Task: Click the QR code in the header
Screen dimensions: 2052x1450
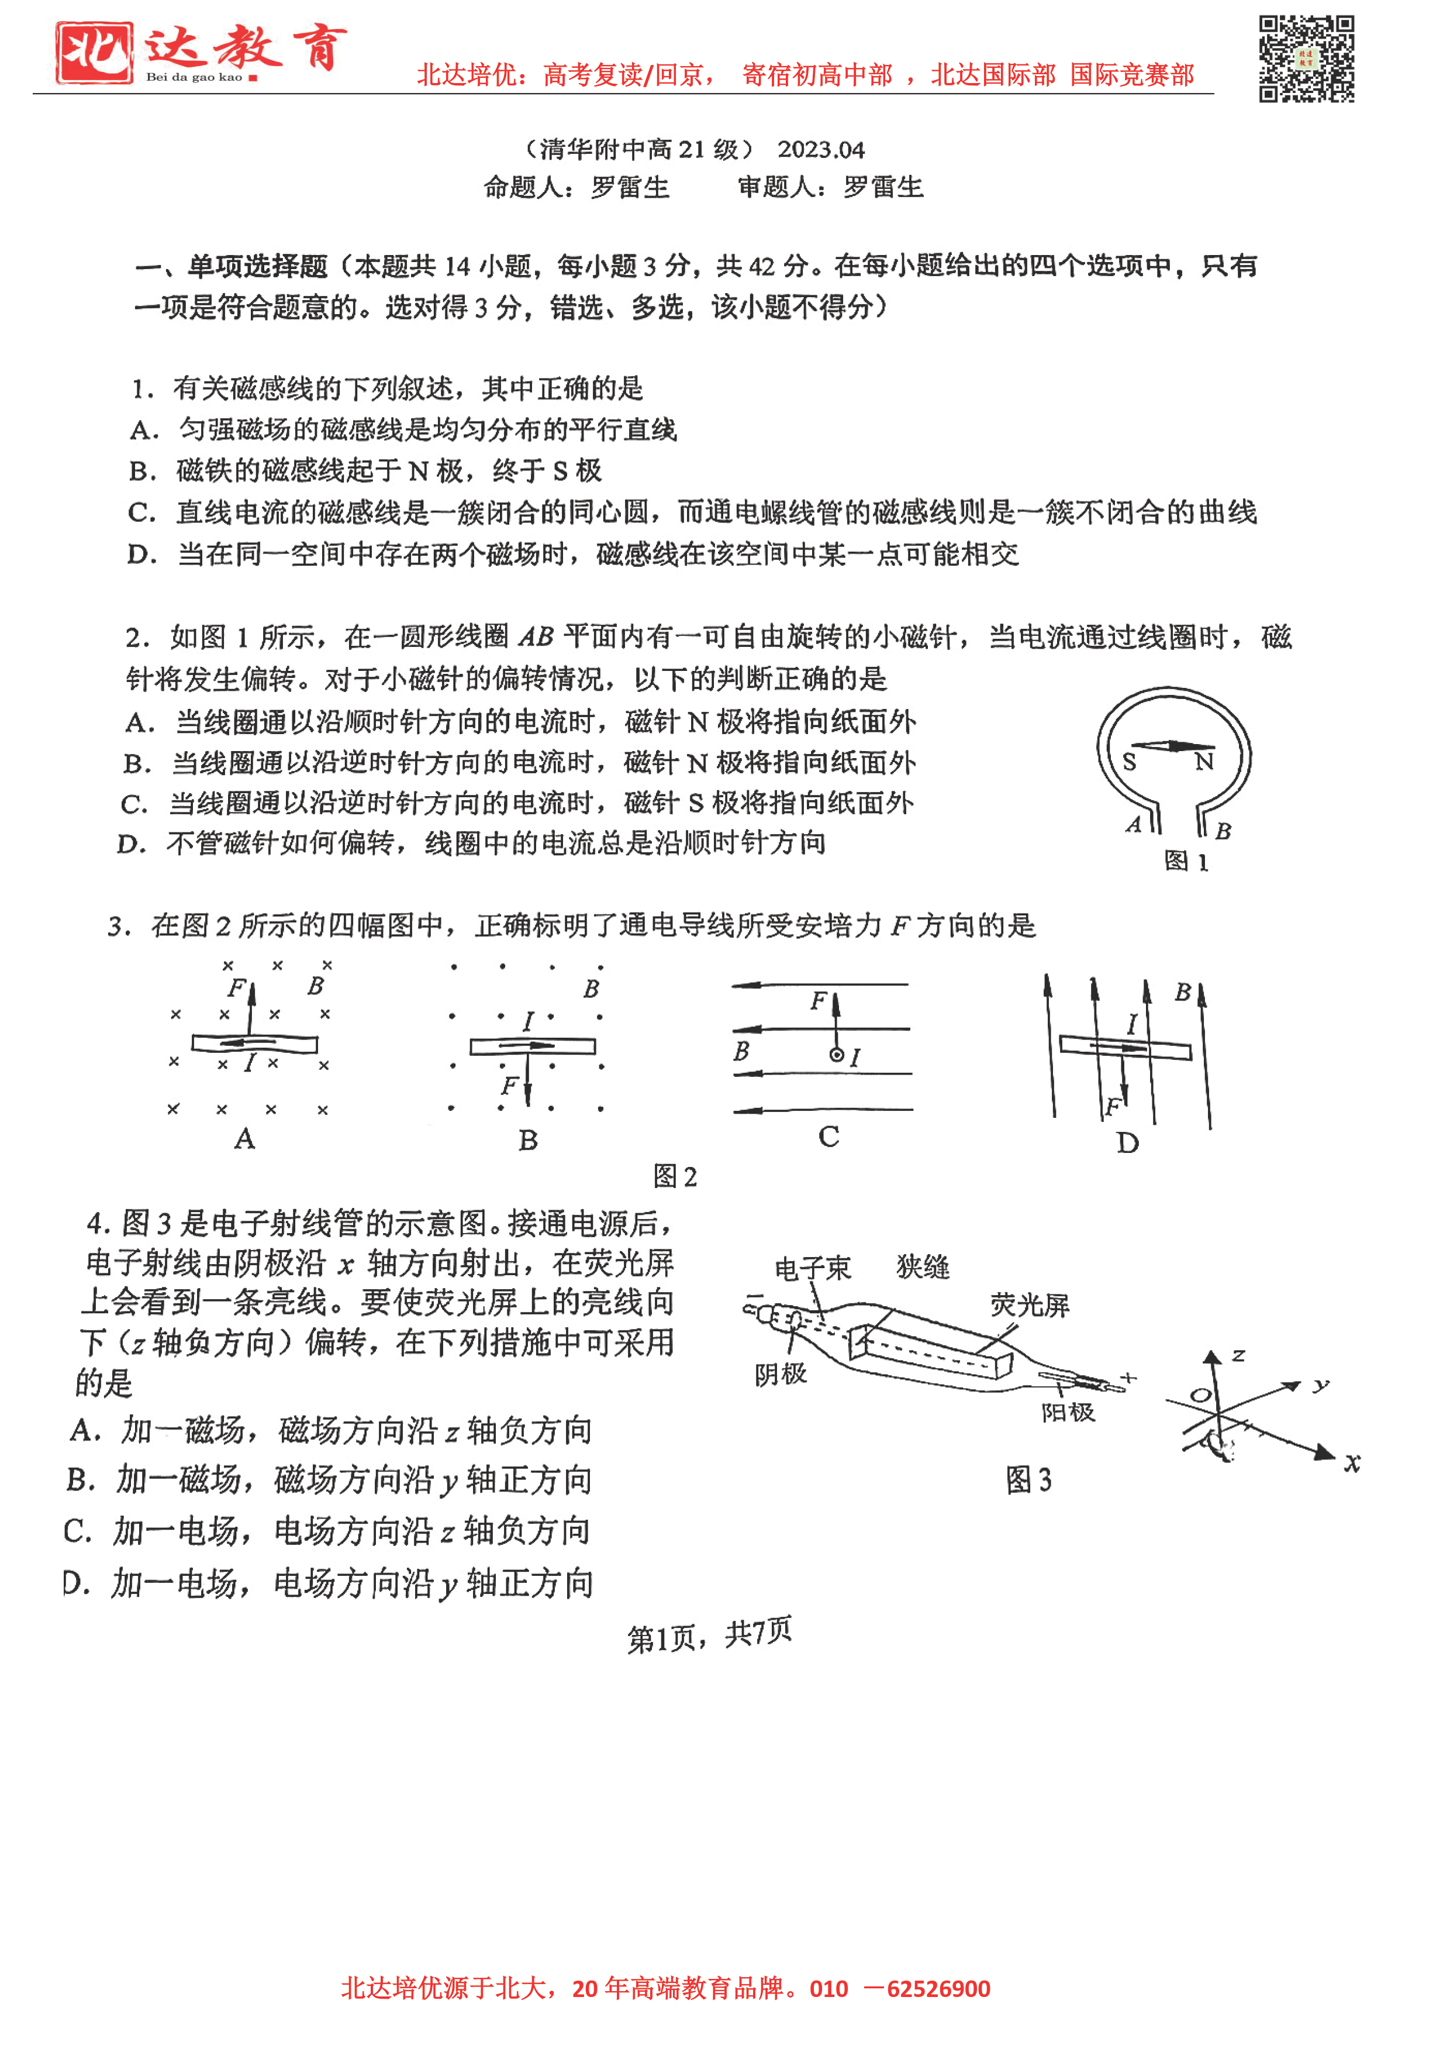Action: pyautogui.click(x=1306, y=59)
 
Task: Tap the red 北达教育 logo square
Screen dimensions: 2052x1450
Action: pyautogui.click(x=94, y=53)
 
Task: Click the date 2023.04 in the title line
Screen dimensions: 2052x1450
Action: pyautogui.click(x=820, y=149)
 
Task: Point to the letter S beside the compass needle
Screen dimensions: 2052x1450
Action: pyautogui.click(x=1129, y=762)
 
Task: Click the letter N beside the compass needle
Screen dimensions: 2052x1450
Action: pyautogui.click(x=1204, y=762)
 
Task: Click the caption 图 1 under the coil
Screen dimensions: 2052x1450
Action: pyautogui.click(x=1186, y=862)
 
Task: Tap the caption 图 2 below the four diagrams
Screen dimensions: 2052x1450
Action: pyautogui.click(x=675, y=1176)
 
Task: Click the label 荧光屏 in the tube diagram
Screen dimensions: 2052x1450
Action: pyautogui.click(x=1029, y=1306)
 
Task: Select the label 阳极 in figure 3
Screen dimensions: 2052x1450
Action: pyautogui.click(x=1068, y=1412)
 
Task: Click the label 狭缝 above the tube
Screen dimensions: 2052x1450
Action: pyautogui.click(x=922, y=1266)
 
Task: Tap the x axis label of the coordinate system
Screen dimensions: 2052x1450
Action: pyautogui.click(x=1352, y=1462)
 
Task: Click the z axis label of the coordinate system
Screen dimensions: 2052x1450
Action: pyautogui.click(x=1238, y=1355)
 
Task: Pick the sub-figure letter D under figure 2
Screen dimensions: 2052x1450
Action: pyautogui.click(x=1127, y=1142)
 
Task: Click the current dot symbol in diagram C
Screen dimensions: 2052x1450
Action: pyautogui.click(x=836, y=1055)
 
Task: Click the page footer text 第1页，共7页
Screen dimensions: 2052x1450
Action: pyautogui.click(x=709, y=1634)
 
